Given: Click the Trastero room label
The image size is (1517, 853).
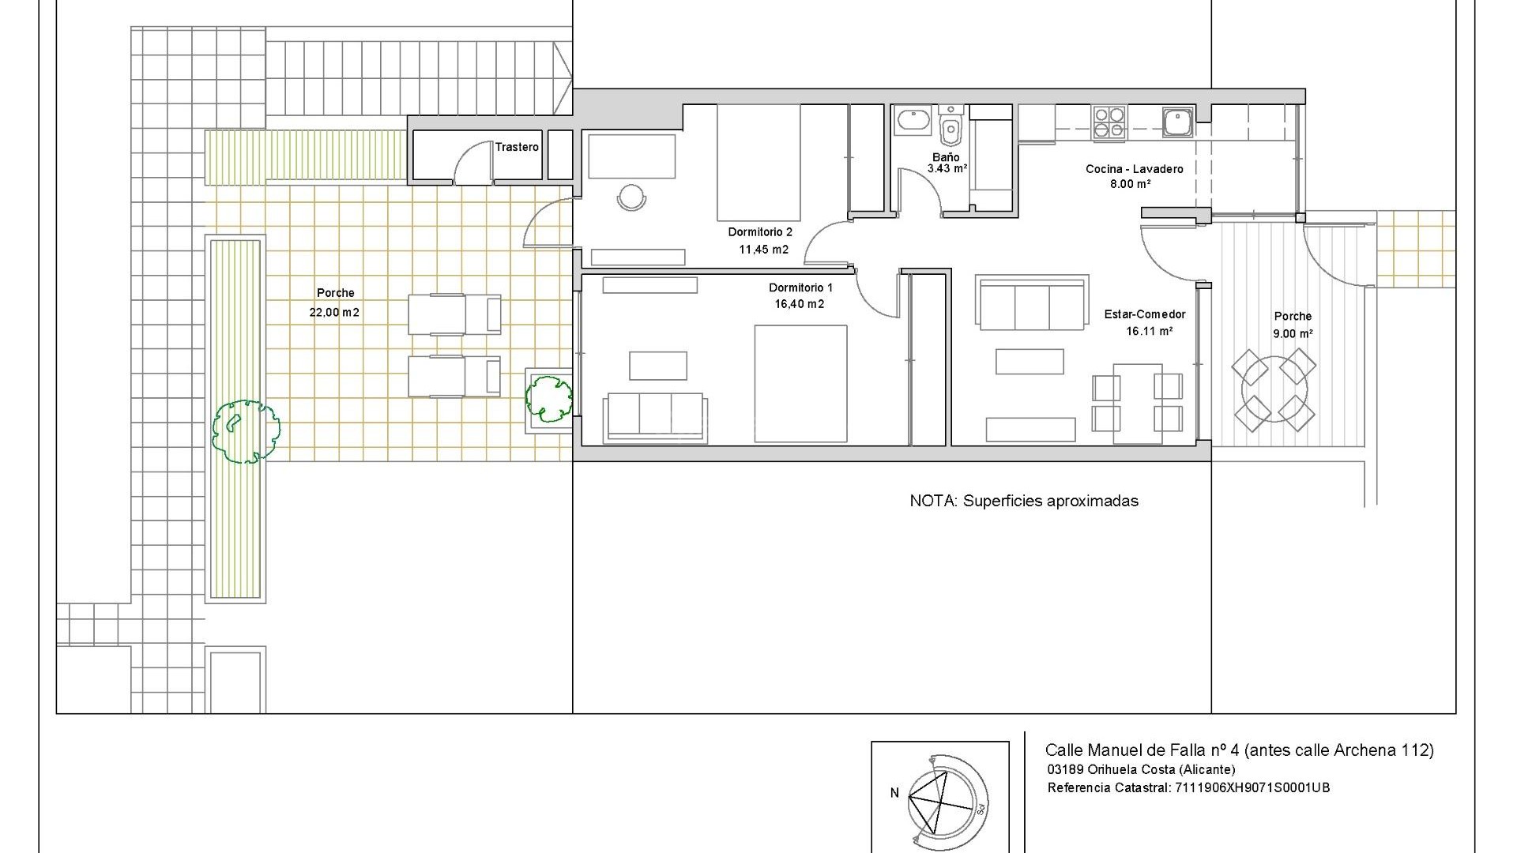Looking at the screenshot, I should point(517,147).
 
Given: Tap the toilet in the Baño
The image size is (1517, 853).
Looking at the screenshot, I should point(951,129).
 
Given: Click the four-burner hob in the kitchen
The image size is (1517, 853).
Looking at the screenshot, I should point(1109,122).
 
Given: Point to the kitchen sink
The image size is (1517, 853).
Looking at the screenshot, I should point(1177,122).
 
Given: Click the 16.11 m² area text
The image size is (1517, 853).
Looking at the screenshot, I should point(1149,331).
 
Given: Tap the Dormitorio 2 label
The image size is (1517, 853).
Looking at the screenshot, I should point(759,232).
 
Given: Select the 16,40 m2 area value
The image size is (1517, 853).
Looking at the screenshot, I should point(799,304).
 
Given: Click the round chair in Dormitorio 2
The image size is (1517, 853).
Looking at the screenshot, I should point(631,197).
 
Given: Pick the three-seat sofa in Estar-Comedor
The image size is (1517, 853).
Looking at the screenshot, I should point(1032,303).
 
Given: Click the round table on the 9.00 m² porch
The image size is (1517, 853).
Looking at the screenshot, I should point(1274,389).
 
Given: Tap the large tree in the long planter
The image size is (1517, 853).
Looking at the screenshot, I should point(246,431).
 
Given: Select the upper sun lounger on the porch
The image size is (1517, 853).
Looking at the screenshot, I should point(454,314).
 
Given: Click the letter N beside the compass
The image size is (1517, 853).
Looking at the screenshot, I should point(894,793).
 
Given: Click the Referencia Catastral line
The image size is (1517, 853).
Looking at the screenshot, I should point(1188,787).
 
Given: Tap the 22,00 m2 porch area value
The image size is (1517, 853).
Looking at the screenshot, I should point(334,312).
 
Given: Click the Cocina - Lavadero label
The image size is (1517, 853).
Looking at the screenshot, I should point(1134,169).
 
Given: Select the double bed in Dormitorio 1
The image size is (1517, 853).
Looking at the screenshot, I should point(800,383).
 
